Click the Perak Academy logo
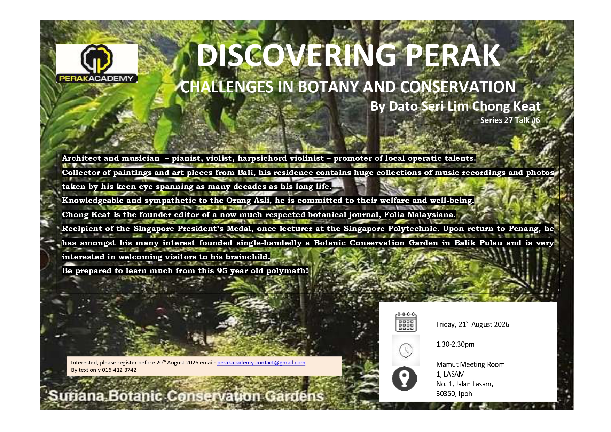coord(96,63)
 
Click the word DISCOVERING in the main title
coord(296,55)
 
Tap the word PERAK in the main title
coord(453,55)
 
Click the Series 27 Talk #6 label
coord(510,120)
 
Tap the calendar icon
coord(406,322)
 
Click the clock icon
coord(406,350)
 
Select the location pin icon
coord(404,378)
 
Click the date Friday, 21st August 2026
coord(472,324)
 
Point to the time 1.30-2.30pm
coord(455,344)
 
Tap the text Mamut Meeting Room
coord(470,364)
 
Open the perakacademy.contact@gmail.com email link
coord(261,363)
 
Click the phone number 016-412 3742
coord(119,370)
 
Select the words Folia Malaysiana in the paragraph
coord(420,215)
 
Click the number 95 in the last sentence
coord(222,271)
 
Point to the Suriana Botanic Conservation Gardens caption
coord(186,396)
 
